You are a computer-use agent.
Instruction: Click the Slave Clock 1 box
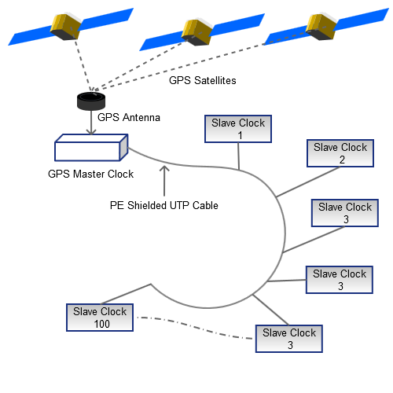(x=237, y=129)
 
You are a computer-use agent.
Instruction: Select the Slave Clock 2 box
(x=340, y=153)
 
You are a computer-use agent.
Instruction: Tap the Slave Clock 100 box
(x=100, y=317)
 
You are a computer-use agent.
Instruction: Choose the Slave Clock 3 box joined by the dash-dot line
(x=289, y=338)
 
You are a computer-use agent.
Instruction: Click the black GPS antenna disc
(x=91, y=101)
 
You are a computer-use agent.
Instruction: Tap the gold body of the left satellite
(x=66, y=27)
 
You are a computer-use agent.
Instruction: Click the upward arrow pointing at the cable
(x=164, y=180)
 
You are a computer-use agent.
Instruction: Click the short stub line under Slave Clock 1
(x=238, y=155)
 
